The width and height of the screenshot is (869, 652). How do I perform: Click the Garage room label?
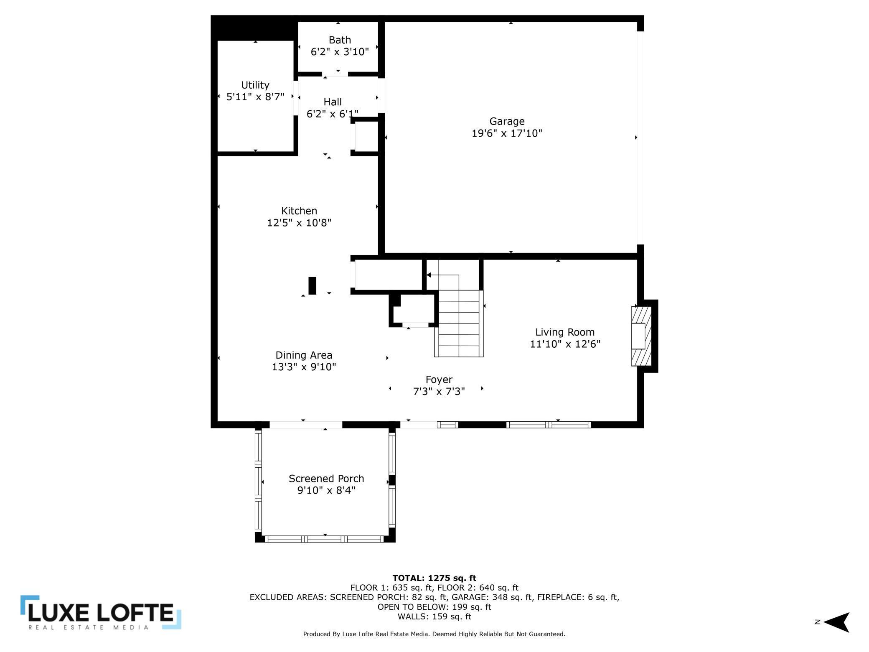507,121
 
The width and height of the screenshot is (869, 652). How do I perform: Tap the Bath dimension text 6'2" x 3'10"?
340,52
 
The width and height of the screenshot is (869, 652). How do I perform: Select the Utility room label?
255,85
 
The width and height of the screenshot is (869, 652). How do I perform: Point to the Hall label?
333,102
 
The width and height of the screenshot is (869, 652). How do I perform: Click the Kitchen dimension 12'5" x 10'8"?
299,222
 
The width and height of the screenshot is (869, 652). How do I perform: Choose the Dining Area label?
304,355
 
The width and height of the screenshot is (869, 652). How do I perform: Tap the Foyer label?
439,379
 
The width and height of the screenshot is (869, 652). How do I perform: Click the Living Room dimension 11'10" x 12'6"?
565,344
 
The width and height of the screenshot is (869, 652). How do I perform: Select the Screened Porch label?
326,479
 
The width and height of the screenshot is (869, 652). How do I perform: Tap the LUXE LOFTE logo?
100,613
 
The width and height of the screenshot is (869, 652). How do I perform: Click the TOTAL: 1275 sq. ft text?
434,578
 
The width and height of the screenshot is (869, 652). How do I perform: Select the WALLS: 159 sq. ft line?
434,616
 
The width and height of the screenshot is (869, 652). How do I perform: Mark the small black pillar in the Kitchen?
312,285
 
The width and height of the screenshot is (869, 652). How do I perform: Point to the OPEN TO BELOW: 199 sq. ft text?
434,606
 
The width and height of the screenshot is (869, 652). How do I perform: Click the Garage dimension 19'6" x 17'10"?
507,133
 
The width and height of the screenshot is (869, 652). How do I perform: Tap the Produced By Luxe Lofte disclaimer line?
434,634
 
